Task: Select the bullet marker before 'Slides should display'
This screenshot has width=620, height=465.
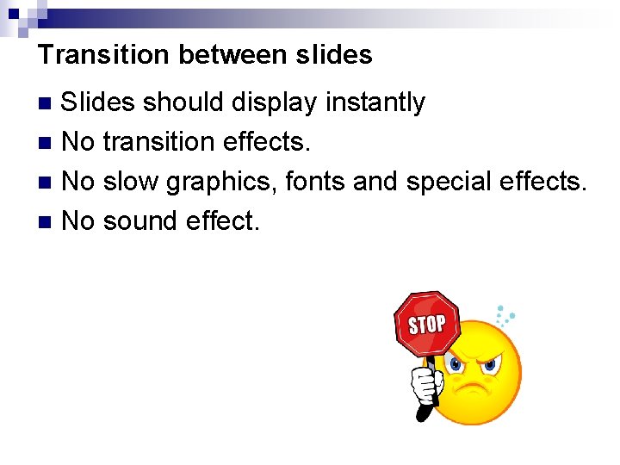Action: tap(48, 103)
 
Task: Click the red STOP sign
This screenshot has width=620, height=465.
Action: tap(426, 324)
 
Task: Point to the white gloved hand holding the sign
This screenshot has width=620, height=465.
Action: tap(425, 386)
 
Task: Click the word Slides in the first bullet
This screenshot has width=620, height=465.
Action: tap(98, 102)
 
